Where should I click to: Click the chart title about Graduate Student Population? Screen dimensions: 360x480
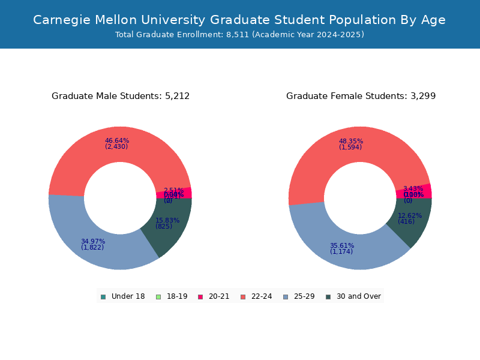click(239, 20)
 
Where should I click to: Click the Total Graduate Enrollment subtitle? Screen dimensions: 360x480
click(239, 35)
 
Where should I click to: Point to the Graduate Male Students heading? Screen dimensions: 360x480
click(121, 96)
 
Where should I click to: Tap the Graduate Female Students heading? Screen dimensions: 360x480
click(361, 96)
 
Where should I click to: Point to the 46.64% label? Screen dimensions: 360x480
click(116, 141)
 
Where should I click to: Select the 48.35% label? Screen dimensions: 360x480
click(350, 142)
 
